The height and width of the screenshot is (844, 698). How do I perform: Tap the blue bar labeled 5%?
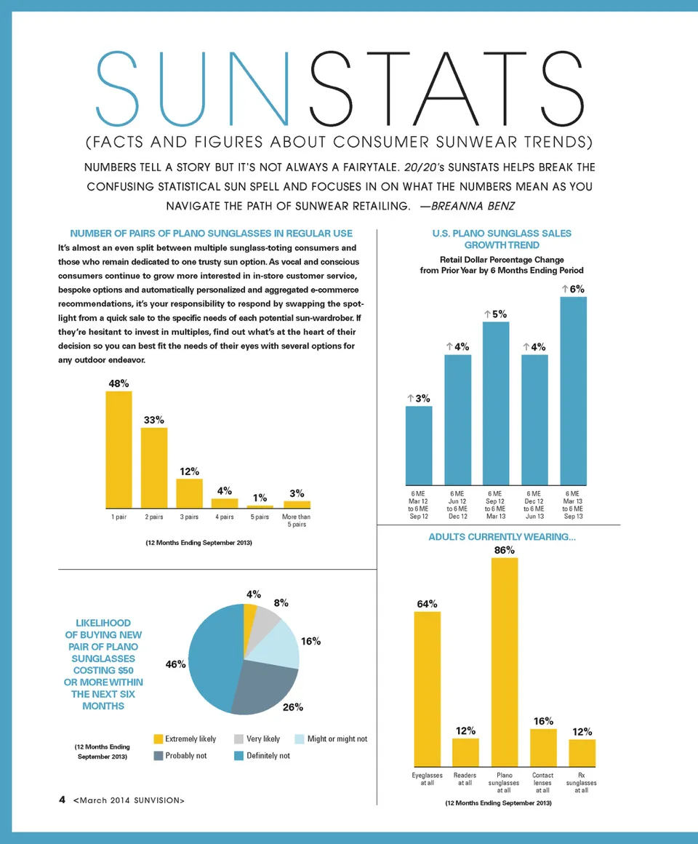coord(496,403)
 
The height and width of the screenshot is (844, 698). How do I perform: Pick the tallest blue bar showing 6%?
coord(573,391)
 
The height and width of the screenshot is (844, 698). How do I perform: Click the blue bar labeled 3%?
coord(419,445)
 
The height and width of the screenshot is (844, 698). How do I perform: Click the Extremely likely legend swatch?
coord(159,739)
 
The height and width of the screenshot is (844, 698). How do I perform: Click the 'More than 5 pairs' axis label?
coord(296,520)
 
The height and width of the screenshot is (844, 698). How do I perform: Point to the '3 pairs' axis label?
coord(189,517)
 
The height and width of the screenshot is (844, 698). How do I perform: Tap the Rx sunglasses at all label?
coord(581,783)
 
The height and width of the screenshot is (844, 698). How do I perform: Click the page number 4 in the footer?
coord(63,800)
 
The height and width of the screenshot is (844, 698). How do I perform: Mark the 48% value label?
coord(119,383)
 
